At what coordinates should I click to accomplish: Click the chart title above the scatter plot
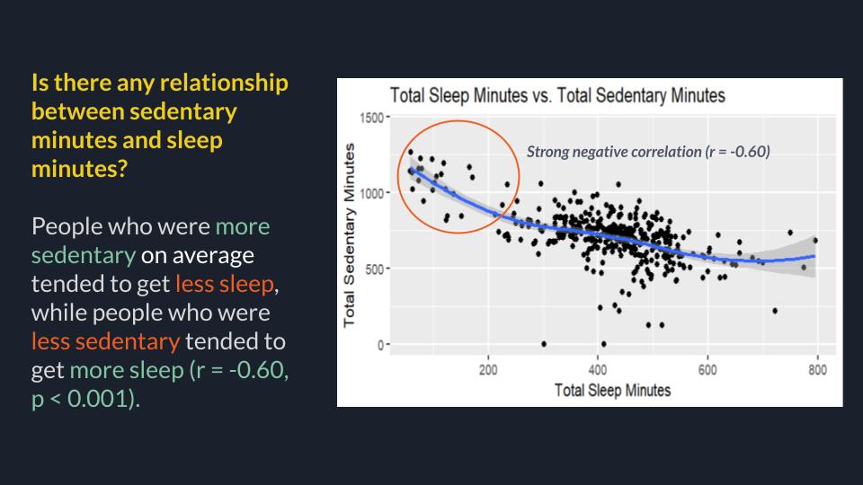click(556, 95)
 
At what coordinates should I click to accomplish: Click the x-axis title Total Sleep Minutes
click(600, 391)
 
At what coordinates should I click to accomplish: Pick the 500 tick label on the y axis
click(372, 269)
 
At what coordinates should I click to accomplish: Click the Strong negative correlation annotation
click(648, 152)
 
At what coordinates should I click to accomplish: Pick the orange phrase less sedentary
click(105, 342)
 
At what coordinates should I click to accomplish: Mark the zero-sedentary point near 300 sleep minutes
click(543, 344)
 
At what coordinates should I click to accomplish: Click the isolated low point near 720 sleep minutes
click(775, 311)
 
